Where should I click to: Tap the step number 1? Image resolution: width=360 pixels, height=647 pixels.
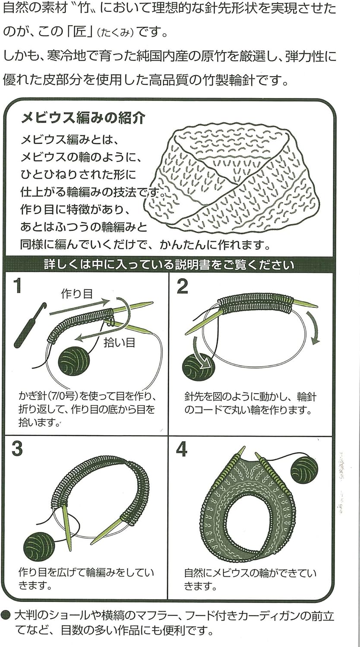point(17,286)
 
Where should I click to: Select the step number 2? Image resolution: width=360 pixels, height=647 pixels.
point(183,286)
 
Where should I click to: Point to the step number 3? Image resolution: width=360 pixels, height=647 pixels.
point(17,449)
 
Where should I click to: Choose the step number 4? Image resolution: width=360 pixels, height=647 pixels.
point(182,449)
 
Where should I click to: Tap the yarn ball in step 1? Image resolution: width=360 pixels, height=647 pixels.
point(73,361)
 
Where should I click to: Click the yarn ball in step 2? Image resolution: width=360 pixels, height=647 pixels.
point(198,366)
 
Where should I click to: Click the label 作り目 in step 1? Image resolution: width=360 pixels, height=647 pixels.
point(77,294)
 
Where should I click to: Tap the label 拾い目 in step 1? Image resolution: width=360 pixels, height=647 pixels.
point(120,342)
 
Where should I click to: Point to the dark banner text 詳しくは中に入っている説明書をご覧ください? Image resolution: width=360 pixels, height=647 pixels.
point(169,264)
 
